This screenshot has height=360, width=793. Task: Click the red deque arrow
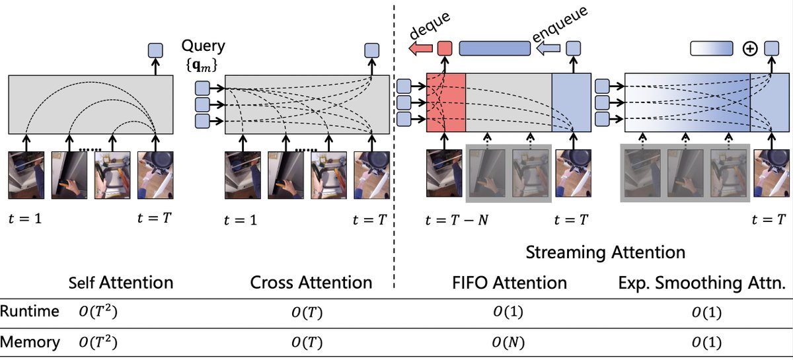pos(420,48)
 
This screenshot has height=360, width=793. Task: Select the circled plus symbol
pos(750,49)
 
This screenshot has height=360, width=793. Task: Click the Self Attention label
pos(121,283)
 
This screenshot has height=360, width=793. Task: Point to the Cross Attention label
pos(311,283)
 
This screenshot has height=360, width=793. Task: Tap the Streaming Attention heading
pos(605,252)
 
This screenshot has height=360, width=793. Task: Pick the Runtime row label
pos(30,311)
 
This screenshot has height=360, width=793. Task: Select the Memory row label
pos(30,342)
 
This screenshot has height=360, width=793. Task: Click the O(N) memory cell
pos(506,342)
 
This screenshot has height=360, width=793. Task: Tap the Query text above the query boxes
pos(204,47)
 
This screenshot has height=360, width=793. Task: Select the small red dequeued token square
pos(445,48)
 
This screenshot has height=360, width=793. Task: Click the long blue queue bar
pos(495,48)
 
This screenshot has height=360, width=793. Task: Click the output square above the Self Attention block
pos(155,50)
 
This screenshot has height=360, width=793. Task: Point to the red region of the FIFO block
pos(446,102)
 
